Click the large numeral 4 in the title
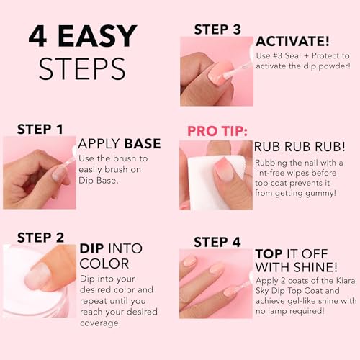38,37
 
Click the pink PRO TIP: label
218,132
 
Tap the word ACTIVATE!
292,40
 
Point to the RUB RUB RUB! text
297,147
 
